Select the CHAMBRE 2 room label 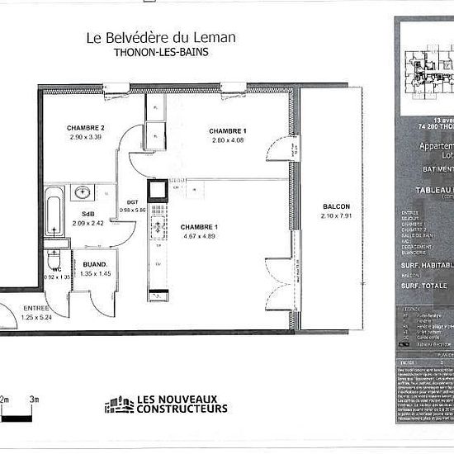coord(85,128)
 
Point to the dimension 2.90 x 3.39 coord(85,138)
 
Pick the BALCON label coord(337,206)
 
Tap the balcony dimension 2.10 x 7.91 coord(337,215)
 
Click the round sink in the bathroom coord(83,193)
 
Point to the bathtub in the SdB coord(54,211)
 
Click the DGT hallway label coord(132,201)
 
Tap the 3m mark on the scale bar coord(33,399)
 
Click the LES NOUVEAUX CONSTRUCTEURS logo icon coord(119,404)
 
